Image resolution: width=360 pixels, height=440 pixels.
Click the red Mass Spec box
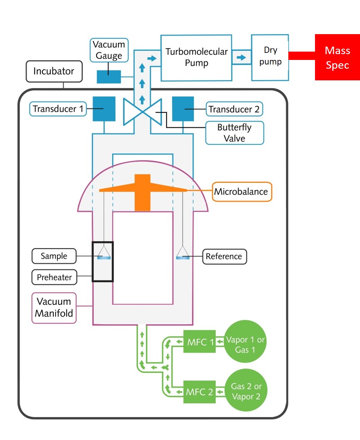(337, 57)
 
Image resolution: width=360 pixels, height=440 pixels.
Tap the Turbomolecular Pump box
(196, 57)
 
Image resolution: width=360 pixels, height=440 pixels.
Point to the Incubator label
(54, 71)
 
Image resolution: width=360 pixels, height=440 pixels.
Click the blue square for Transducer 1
(104, 109)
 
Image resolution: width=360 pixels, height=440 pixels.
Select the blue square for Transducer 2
(182, 109)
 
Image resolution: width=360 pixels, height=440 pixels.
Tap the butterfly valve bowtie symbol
(142, 112)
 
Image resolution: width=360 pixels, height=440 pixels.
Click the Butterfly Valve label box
(234, 132)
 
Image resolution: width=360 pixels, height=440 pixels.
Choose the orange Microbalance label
(242, 192)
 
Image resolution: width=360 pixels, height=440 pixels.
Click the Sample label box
(54, 256)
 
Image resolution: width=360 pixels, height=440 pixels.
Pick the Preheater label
(54, 277)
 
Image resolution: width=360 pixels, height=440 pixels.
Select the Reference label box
(224, 256)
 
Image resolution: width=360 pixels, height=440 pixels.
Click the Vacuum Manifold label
(54, 308)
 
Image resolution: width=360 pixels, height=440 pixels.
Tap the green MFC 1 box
(199, 342)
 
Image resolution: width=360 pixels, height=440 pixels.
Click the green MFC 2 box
(199, 392)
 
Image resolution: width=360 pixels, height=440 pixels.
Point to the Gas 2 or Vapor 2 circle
(245, 392)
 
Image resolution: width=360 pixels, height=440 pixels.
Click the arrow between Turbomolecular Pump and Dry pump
(241, 57)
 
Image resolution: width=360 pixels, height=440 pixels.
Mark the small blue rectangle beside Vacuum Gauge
(109, 77)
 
